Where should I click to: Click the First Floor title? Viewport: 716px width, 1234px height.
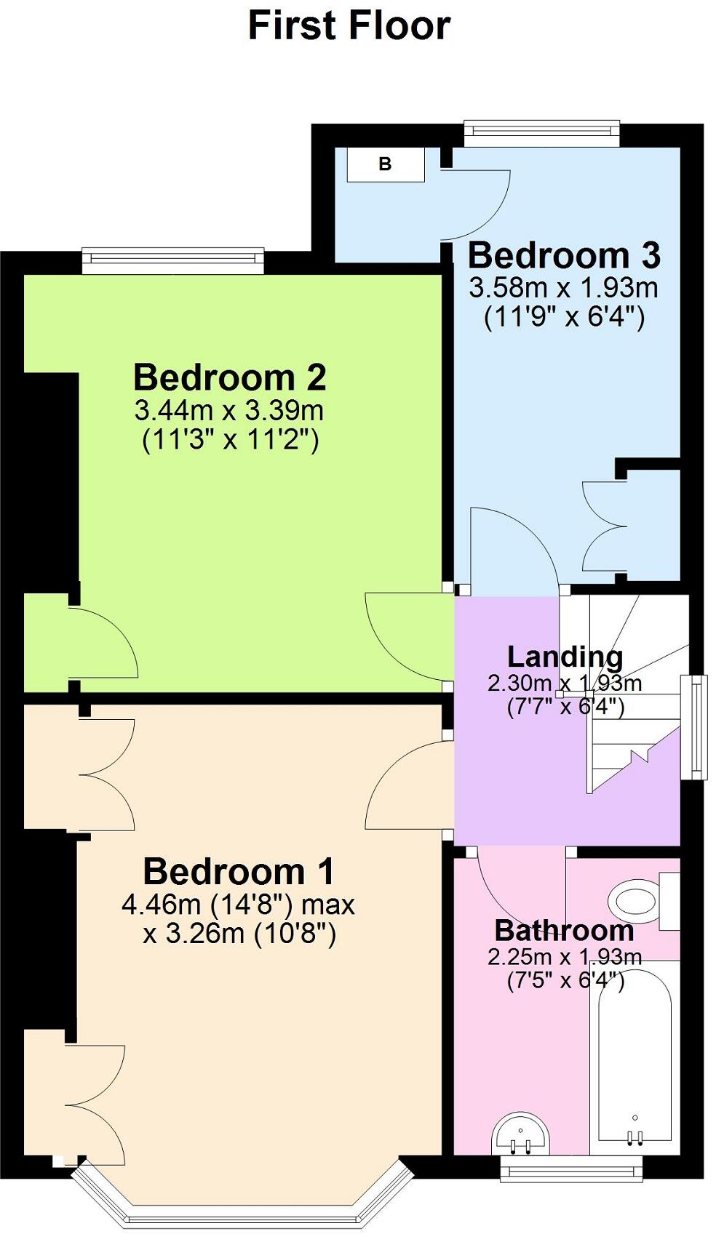[349, 25]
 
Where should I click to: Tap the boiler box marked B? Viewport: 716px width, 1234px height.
[385, 164]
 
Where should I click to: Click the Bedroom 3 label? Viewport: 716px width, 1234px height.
[564, 256]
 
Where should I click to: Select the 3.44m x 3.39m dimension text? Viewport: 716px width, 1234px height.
[228, 411]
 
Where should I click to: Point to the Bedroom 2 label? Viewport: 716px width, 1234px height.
[229, 378]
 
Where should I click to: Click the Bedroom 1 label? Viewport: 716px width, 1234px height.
[239, 872]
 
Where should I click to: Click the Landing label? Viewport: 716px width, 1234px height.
[565, 657]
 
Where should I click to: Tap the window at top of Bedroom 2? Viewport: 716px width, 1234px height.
[172, 260]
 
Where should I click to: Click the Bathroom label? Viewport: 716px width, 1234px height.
[564, 931]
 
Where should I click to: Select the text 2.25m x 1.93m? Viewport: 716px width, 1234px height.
[565, 957]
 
